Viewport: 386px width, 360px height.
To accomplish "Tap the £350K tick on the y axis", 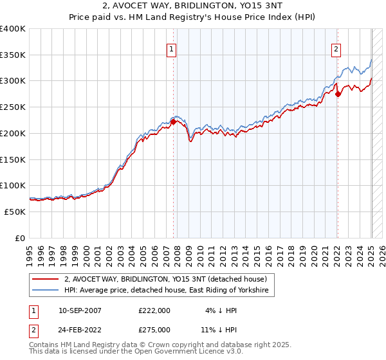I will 13,55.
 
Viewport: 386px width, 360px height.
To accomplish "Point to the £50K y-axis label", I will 15,212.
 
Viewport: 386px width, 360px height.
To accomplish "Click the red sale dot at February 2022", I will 338,94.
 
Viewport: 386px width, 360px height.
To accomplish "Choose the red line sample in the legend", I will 47,279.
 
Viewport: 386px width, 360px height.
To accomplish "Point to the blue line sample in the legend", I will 47,291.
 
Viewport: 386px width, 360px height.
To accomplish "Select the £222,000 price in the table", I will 154,310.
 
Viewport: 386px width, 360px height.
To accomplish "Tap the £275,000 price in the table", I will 154,329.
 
